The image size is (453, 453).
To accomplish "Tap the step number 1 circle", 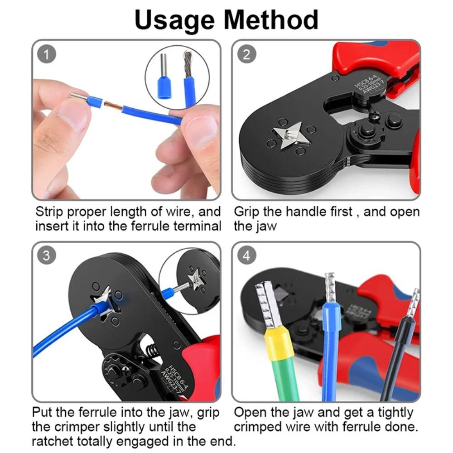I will tap(48, 55).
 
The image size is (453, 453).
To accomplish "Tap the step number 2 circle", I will tap(246, 55).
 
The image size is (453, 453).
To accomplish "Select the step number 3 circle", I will tap(47, 255).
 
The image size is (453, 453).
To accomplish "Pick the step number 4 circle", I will tap(246, 255).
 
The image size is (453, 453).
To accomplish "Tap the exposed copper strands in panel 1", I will tap(114, 107).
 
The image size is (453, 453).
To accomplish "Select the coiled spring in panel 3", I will tap(152, 351).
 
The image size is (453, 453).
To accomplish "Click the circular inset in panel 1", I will tap(177, 77).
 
